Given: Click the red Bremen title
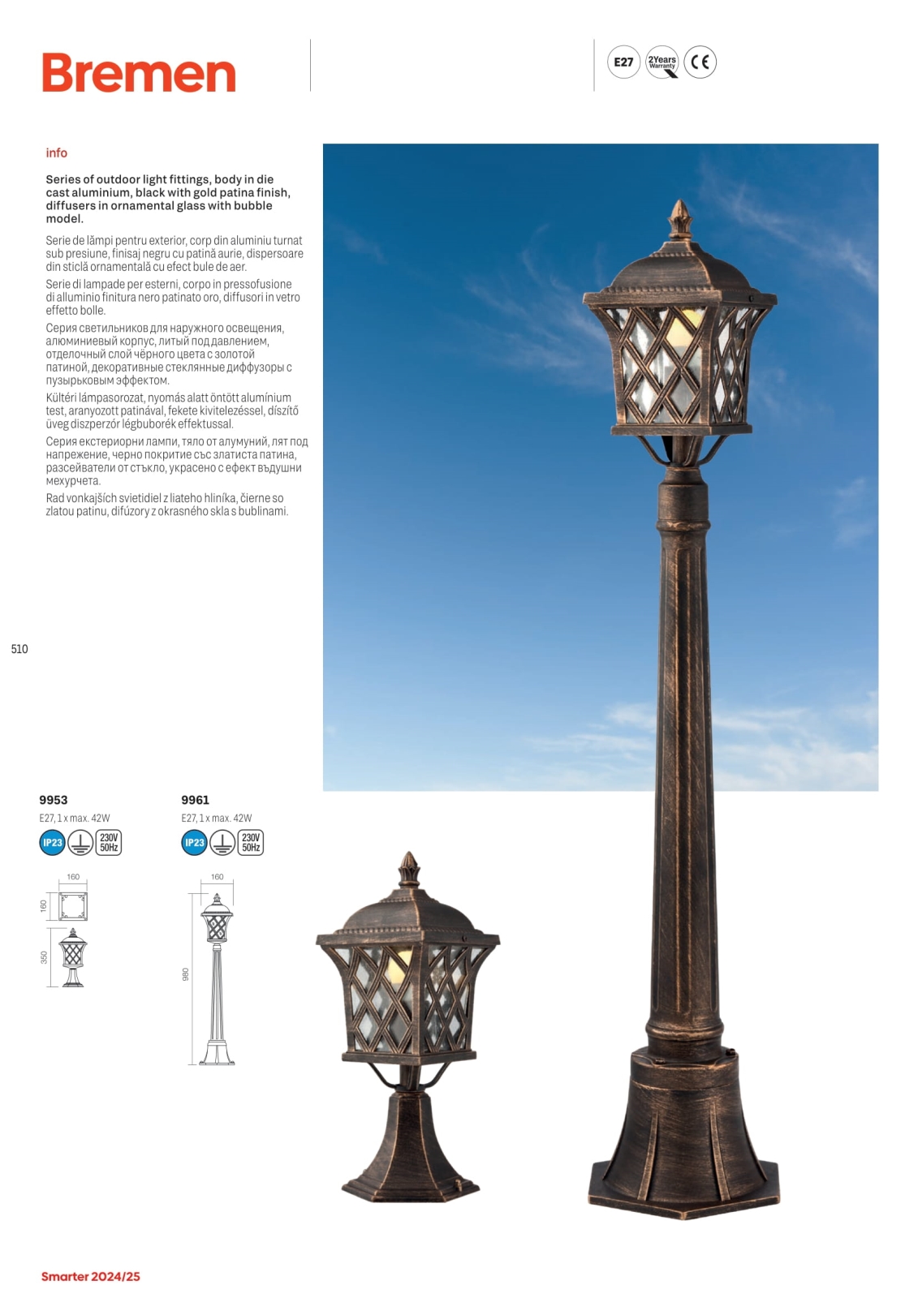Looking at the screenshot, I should point(139,73).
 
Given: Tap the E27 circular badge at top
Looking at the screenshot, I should point(623,62).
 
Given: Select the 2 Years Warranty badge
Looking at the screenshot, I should point(662,62).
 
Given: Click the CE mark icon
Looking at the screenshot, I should point(700,62).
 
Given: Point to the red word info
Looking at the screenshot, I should point(57,153).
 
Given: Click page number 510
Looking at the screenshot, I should point(19,649).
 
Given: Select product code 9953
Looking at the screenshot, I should point(54,800).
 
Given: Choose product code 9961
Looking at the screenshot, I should point(196,800).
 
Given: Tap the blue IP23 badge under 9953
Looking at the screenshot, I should point(53,843).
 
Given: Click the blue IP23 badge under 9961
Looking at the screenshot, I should point(195,843).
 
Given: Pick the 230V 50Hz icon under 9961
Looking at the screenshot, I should point(251,843).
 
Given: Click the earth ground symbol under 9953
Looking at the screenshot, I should point(80,843).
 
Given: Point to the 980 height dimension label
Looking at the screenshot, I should point(186,974).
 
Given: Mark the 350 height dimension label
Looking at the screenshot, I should point(45,957).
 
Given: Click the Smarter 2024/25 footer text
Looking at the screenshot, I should point(91,1277).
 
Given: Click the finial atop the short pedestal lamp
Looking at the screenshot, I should point(410,870).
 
